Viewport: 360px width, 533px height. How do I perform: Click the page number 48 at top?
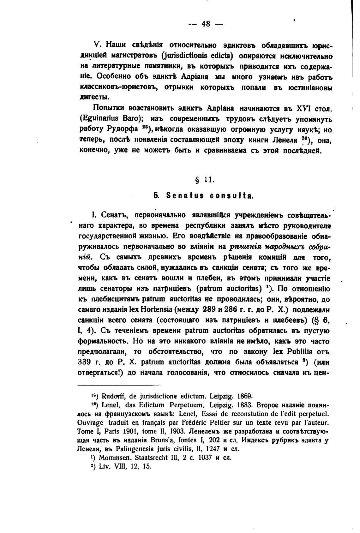coord(206,24)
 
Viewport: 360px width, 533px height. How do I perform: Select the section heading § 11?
coord(206,180)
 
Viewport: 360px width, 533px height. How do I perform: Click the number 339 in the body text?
coord(84,362)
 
